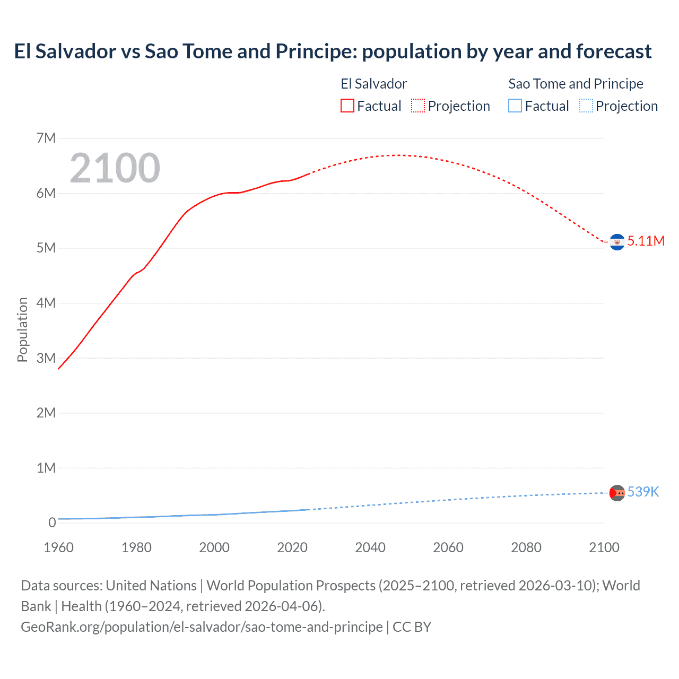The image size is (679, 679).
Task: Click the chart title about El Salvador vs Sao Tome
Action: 333,51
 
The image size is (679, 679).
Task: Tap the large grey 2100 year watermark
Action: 115,168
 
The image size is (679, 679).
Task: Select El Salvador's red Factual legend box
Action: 347,106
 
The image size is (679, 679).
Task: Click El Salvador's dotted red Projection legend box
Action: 418,106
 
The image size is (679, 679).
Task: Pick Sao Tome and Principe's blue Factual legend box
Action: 515,106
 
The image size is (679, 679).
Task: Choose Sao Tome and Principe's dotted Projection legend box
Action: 586,106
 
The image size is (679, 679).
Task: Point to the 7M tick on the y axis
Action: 46,138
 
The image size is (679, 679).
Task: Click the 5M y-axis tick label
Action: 46,248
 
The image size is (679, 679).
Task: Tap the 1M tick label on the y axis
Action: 46,468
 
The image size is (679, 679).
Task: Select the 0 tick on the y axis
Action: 52,523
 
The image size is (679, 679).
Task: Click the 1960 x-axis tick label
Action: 58,547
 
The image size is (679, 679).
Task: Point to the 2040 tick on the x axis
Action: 370,547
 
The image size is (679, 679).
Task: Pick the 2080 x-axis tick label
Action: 526,547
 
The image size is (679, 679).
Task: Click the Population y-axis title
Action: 22,329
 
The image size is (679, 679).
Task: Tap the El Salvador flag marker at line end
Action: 617,242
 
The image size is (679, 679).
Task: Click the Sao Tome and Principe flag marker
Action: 617,493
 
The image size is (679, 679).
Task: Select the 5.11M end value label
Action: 646,241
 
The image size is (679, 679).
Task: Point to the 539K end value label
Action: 643,492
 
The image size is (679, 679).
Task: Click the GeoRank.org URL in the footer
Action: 202,627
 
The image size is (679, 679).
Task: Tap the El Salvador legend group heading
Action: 373,84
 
